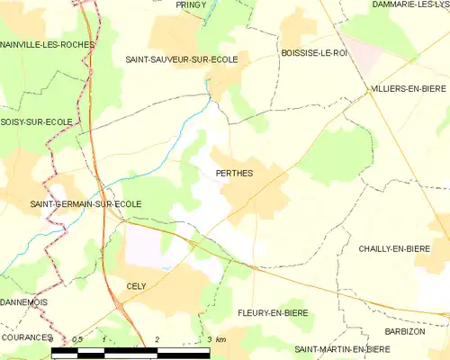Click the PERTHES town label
pyautogui.click(x=234, y=173)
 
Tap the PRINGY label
pyautogui.click(x=191, y=4)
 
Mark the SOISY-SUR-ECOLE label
pyautogui.click(x=37, y=121)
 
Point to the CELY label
pyautogui.click(x=136, y=284)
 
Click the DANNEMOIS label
pyautogui.click(x=22, y=302)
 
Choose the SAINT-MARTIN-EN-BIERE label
pyautogui.click(x=341, y=348)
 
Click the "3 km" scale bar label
pyautogui.click(x=215, y=338)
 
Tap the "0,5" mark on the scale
pyautogui.click(x=77, y=338)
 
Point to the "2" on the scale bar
pyautogui.click(x=157, y=338)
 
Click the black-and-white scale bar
pyautogui.click(x=130, y=349)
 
